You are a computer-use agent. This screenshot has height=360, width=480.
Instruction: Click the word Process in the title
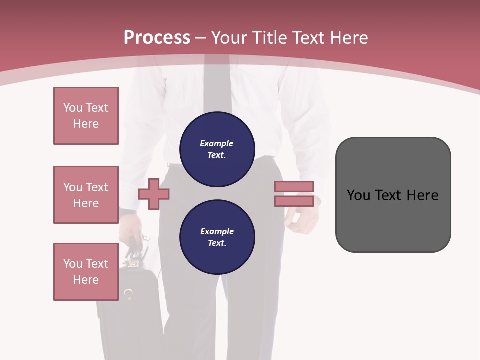(x=157, y=38)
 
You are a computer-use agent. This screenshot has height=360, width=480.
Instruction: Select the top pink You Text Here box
(x=86, y=116)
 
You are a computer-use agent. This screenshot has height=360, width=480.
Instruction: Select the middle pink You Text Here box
(x=86, y=195)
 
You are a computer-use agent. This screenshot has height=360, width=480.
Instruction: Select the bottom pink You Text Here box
(x=86, y=272)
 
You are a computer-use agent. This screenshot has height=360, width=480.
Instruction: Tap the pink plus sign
(x=154, y=194)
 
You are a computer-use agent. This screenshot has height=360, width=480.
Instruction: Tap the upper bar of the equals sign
(x=294, y=186)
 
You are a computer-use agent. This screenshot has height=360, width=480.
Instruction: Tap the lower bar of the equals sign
(x=294, y=201)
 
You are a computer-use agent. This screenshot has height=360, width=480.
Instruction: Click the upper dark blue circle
(x=217, y=149)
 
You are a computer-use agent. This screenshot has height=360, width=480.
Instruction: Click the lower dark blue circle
(x=217, y=237)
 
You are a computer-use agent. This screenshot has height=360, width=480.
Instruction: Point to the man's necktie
(x=217, y=85)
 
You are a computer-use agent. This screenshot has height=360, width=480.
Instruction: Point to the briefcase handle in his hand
(x=136, y=245)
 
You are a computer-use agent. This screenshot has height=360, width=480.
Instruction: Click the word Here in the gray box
(x=422, y=195)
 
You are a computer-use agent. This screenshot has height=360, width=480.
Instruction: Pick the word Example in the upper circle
(x=217, y=143)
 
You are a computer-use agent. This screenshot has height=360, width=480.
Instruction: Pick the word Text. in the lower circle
(x=217, y=243)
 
